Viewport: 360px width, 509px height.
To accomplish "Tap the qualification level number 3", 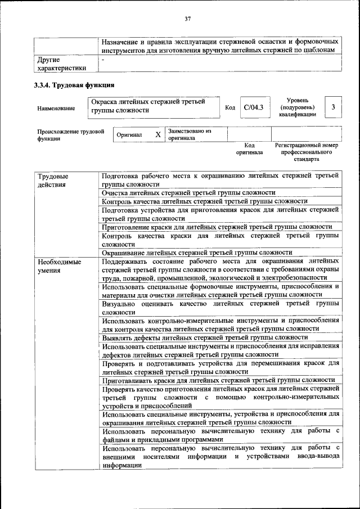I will pos(334,107).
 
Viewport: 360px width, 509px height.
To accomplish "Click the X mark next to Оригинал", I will pos(158,135).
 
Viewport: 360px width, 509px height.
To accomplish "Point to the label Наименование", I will pos(56,108).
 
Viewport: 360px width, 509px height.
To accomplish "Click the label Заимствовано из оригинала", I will pos(190,134).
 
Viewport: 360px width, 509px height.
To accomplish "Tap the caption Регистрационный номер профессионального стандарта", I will pos(307,152).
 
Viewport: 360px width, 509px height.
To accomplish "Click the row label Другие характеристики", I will pos(61,63).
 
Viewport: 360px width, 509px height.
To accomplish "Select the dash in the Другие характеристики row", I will pos(103,59).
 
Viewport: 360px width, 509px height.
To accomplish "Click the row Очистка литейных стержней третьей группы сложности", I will pos(188,192).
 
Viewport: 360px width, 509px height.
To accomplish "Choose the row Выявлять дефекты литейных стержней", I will pos(205,338).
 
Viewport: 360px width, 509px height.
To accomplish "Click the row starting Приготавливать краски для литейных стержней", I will pos(218,380).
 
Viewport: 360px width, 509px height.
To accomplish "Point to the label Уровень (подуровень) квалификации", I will pos(297,107).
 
